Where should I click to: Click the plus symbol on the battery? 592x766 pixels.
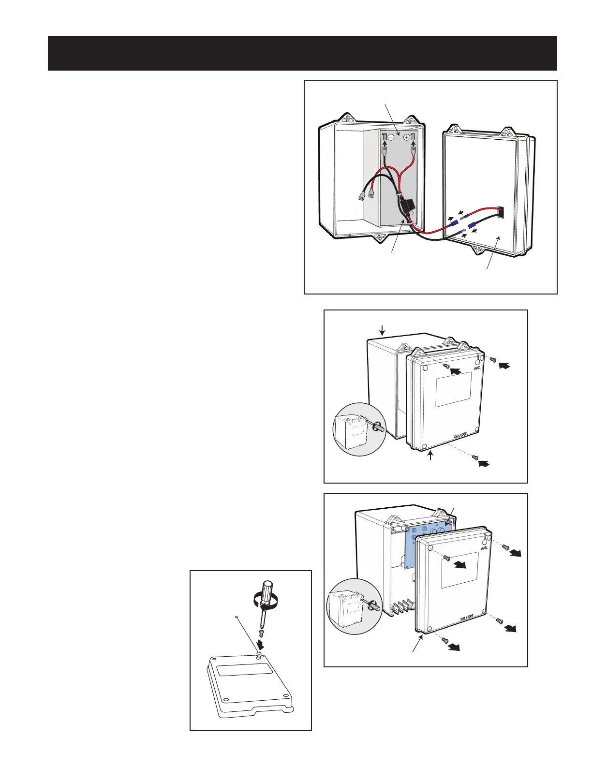coord(406,137)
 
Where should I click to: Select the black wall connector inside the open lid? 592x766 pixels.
coord(500,212)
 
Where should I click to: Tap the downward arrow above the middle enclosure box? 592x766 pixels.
coord(382,331)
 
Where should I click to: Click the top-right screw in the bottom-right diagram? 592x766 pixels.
coord(505,547)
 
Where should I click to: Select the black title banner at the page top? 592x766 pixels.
coord(302,53)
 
